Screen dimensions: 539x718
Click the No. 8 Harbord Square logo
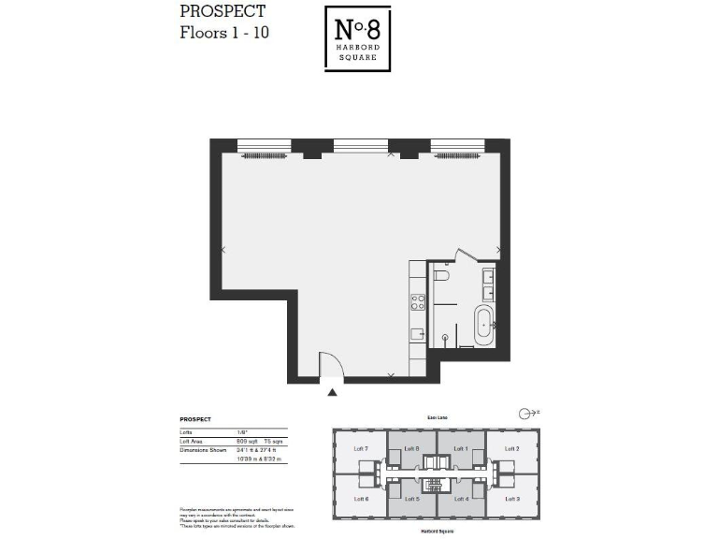[x=358, y=38]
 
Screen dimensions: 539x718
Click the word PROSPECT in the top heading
[x=223, y=12]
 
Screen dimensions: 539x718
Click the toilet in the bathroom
[x=442, y=277]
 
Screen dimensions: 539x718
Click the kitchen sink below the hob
[x=418, y=333]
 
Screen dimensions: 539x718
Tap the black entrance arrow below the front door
[x=332, y=393]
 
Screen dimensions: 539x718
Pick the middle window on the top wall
[x=360, y=147]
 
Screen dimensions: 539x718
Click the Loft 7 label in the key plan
[x=361, y=449]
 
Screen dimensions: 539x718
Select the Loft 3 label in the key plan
[x=511, y=499]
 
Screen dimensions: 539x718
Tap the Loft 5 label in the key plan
[x=411, y=499]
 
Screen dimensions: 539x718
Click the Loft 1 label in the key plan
[x=461, y=449]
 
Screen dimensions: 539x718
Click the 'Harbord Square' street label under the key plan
[x=437, y=530]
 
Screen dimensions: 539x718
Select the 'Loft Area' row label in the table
[x=194, y=440]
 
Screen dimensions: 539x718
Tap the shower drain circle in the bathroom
[x=445, y=336]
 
